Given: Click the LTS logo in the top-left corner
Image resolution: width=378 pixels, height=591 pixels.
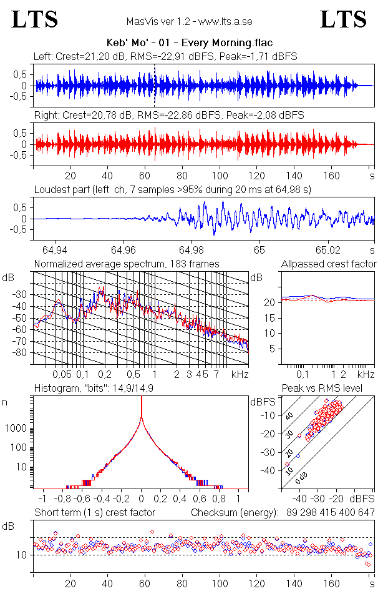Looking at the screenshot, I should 35,19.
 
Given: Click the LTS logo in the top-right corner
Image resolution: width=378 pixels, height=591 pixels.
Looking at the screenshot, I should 343,19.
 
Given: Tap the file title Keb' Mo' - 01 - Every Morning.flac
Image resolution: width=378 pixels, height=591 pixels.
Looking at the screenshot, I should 190,43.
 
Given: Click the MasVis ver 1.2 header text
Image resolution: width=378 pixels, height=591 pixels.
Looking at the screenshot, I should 190,21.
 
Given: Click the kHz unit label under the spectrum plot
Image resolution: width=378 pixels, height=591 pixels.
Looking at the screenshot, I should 240,375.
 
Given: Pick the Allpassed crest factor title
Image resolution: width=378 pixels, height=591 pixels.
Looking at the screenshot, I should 329,264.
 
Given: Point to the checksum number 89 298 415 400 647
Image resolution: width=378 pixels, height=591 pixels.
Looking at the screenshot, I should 327,513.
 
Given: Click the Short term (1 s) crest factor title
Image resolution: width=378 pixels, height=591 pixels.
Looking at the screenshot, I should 94,513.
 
